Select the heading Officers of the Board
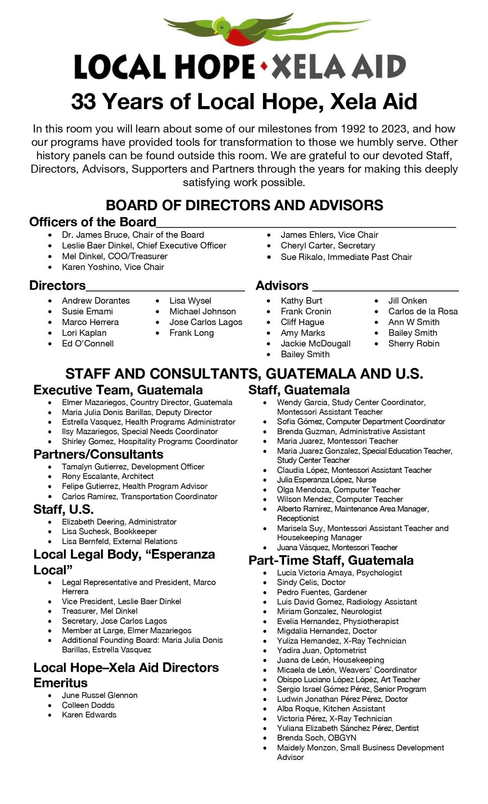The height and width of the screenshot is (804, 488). pos(93,222)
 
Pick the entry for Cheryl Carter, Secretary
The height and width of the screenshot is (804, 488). pos(328,246)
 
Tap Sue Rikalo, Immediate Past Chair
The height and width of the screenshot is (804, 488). pos(346,257)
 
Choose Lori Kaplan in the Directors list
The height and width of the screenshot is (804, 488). pos(84,333)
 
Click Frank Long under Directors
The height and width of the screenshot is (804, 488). pos(191,333)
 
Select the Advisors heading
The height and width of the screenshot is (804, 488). pos(282,286)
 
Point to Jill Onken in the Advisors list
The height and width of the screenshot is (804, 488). pos(407,301)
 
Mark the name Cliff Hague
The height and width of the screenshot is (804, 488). pos(302,322)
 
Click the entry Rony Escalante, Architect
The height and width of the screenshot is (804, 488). pos(108,477)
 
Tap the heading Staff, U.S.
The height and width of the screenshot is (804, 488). pos(64,510)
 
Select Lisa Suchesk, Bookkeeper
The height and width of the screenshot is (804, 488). pos(109,531)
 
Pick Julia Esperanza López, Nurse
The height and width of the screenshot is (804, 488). pos(326,480)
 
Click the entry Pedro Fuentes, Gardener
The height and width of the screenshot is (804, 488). pos(322,592)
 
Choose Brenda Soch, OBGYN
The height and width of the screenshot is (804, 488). pos(317,738)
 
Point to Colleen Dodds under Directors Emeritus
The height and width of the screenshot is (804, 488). pos(88,705)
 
